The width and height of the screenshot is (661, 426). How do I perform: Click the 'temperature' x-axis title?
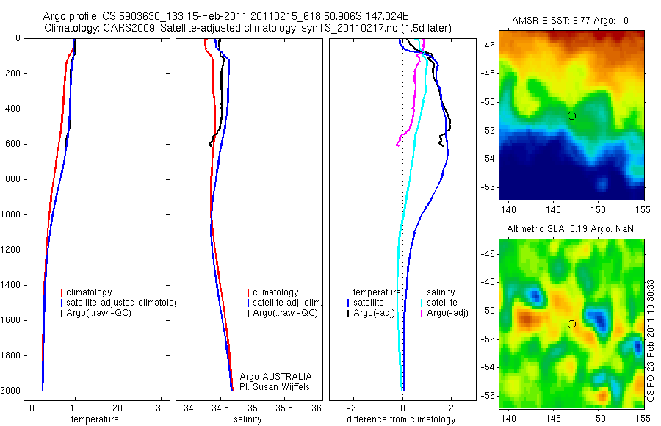[x=94, y=419]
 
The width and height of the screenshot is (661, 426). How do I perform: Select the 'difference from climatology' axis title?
[x=401, y=419]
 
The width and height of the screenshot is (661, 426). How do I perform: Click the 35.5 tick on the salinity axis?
[x=285, y=408]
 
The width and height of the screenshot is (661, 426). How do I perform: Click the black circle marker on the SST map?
[x=571, y=115]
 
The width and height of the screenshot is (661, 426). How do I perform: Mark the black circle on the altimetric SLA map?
[x=571, y=324]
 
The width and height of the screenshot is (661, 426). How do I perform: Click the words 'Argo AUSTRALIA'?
[x=275, y=376]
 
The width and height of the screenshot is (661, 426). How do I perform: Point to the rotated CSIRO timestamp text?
[x=652, y=339]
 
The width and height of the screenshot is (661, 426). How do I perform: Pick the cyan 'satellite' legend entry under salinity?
[x=441, y=303]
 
